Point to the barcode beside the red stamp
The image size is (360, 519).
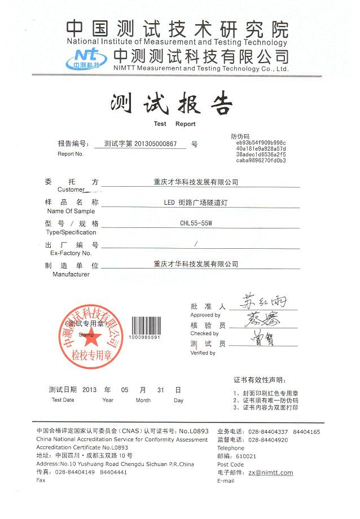[145, 327]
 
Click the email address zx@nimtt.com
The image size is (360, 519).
[271, 473]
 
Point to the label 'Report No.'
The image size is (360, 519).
[71, 153]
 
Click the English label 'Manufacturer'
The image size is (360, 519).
[71, 274]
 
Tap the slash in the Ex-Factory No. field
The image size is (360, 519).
[195, 244]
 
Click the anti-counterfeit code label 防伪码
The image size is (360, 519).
[240, 137]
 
